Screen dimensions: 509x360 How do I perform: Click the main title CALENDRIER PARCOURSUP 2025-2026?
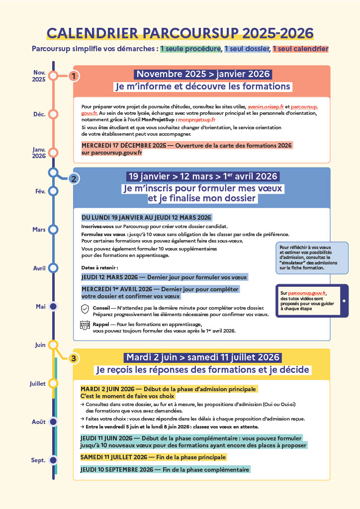point(180,33)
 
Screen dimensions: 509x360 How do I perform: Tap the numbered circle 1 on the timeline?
point(74,77)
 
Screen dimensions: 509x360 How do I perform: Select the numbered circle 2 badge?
point(74,179)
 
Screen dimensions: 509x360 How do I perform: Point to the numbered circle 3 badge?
point(74,358)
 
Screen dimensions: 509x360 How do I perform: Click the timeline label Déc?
point(39,114)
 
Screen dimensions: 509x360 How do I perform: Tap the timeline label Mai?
point(41,307)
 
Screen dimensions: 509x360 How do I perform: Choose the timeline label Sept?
point(38,460)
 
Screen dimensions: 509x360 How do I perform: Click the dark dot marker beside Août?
point(53,422)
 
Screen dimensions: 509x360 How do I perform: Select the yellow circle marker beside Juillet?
point(53,383)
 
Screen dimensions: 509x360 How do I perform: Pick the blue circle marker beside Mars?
point(53,230)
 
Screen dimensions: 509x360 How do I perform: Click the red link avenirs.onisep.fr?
point(266,107)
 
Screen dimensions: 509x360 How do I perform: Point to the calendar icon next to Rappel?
point(85,326)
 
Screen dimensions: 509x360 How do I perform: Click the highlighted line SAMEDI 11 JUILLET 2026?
point(153,457)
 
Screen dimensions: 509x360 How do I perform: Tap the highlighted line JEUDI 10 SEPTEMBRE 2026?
point(165,470)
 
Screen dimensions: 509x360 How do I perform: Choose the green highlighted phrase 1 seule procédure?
point(190,49)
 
